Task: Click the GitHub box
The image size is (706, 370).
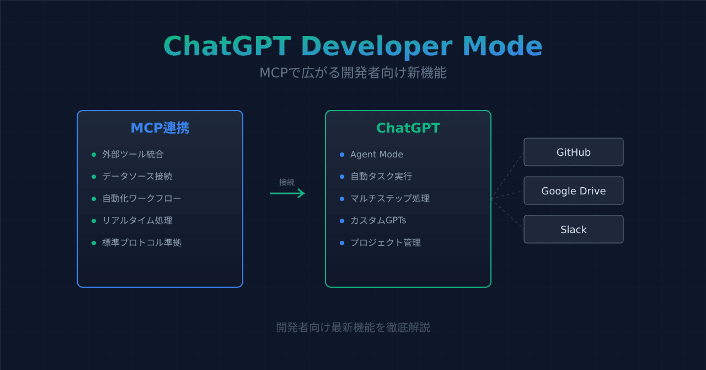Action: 573,152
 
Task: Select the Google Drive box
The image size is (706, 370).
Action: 573,191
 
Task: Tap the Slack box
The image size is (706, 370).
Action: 573,229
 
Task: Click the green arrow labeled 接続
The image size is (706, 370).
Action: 287,193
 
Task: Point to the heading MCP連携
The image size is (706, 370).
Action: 160,128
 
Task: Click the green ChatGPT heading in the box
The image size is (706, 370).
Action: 408,128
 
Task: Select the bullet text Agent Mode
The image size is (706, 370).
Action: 376,155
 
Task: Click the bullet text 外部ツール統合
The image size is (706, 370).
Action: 132,155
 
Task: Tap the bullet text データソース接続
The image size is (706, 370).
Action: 137,177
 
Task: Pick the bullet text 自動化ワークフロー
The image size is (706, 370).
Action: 141,199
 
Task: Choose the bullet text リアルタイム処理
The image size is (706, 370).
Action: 137,221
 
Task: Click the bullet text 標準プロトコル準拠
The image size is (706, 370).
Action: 141,243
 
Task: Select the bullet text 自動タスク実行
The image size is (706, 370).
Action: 381,177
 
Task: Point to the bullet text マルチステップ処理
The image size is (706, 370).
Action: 389,199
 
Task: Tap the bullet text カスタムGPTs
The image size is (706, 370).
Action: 378,221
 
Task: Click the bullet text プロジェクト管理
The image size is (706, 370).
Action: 385,243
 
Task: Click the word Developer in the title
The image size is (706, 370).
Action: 377,46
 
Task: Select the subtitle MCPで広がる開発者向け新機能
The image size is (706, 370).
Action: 353,73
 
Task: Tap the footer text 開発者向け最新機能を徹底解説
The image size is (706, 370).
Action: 353,327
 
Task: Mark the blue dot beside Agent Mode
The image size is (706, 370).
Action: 342,155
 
